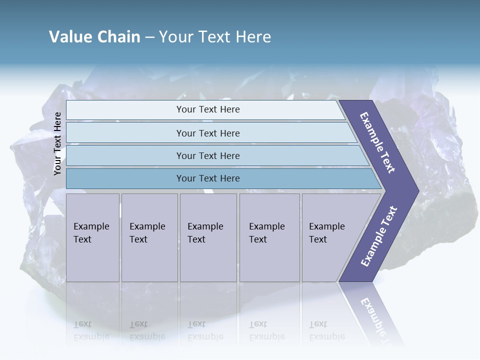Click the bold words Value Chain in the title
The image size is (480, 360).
[94, 37]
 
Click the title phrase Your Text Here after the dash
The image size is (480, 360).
[215, 37]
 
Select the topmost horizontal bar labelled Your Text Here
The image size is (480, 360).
[208, 109]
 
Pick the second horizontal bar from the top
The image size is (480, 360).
[208, 133]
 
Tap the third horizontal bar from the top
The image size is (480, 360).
[208, 155]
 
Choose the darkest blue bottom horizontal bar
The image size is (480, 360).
[208, 178]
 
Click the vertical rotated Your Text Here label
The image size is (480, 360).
[57, 143]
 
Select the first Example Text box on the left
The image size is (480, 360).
[92, 237]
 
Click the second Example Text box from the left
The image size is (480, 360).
[149, 237]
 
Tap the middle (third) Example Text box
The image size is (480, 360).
[208, 237]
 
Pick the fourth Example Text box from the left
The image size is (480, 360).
[269, 237]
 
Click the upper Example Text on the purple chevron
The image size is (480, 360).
[378, 142]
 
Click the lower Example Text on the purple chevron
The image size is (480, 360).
[378, 236]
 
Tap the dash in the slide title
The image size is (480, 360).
[149, 37]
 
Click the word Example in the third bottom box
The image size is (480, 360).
[205, 226]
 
